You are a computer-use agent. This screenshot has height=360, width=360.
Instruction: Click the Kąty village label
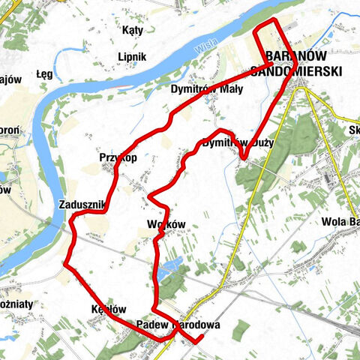tap(132, 30)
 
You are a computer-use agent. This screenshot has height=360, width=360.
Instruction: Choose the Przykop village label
tap(117, 157)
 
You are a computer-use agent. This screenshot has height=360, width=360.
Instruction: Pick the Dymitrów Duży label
tap(238, 142)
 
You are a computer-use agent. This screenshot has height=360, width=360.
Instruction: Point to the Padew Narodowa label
tap(178, 325)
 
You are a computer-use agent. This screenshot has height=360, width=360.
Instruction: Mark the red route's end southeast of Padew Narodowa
tap(200, 341)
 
